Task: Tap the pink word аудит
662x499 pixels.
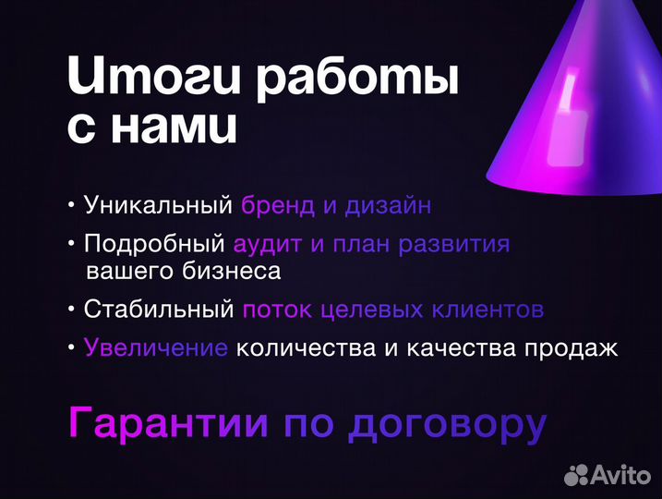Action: coord(267,246)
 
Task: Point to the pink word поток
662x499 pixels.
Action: coord(277,310)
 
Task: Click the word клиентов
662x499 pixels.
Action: coord(488,310)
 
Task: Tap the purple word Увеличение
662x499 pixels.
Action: coord(155,348)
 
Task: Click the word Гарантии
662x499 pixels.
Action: coord(169,424)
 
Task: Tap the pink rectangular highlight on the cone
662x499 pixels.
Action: coord(564,134)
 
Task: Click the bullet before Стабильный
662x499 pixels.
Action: coord(72,310)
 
